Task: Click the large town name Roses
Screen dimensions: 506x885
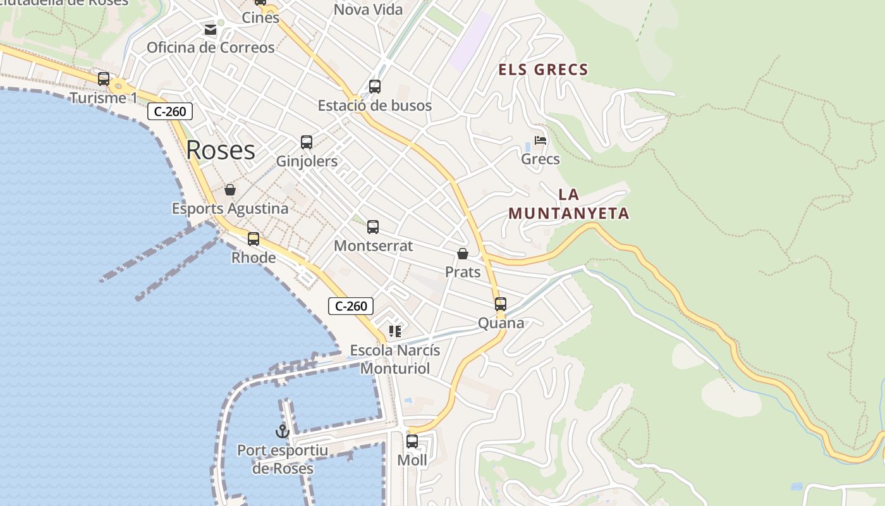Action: pyautogui.click(x=221, y=150)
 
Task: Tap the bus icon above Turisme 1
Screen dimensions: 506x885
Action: pyautogui.click(x=104, y=79)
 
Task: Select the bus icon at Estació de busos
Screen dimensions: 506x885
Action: pyautogui.click(x=375, y=87)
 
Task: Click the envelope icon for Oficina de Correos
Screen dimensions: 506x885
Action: pyautogui.click(x=210, y=29)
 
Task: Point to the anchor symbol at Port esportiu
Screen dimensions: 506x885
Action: pyautogui.click(x=282, y=431)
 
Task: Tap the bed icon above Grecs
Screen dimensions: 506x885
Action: pyautogui.click(x=540, y=140)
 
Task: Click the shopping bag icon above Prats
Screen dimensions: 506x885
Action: pyautogui.click(x=463, y=254)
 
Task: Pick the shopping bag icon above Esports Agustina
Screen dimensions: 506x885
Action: pyautogui.click(x=230, y=190)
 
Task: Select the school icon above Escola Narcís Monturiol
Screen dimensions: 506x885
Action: pyautogui.click(x=395, y=331)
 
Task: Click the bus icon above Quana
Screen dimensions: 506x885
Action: pyautogui.click(x=501, y=304)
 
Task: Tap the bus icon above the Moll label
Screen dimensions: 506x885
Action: pyautogui.click(x=412, y=441)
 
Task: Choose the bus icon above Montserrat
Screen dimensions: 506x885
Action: pyautogui.click(x=373, y=226)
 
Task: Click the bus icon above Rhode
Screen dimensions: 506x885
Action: pyautogui.click(x=253, y=238)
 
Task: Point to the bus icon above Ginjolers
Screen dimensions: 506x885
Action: pyautogui.click(x=307, y=142)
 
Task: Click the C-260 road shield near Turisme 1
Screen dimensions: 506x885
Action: pyautogui.click(x=170, y=112)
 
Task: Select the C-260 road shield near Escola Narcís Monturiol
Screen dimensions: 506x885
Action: pyautogui.click(x=351, y=306)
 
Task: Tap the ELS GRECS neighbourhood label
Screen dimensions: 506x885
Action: pyautogui.click(x=544, y=70)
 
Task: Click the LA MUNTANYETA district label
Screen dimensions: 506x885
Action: pyautogui.click(x=569, y=204)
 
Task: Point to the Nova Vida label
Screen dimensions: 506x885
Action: pyautogui.click(x=368, y=9)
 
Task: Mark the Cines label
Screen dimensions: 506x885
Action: pyautogui.click(x=260, y=18)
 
